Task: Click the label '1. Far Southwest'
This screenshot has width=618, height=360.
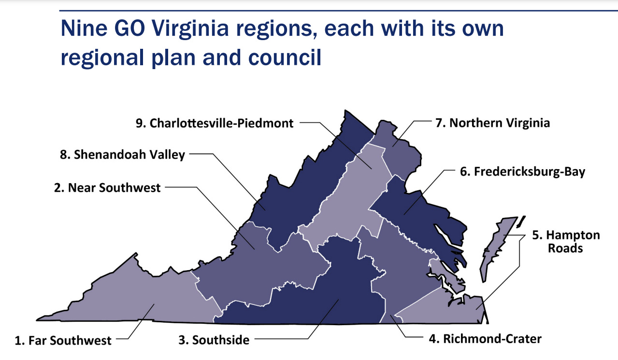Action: [x=63, y=341]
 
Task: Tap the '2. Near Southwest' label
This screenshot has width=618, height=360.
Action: [x=107, y=187]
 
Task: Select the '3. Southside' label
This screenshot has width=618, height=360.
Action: [x=214, y=340]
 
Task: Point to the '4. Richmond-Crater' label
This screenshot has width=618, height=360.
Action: [x=485, y=338]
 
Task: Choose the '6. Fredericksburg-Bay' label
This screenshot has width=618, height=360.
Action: [x=522, y=172]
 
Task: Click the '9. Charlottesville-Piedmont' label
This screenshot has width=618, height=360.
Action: [x=215, y=123]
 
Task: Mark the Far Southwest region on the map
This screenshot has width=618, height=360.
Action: [x=145, y=295]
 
